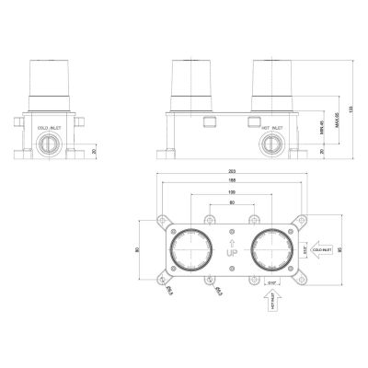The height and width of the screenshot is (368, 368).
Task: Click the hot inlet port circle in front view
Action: pos(271,144)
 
